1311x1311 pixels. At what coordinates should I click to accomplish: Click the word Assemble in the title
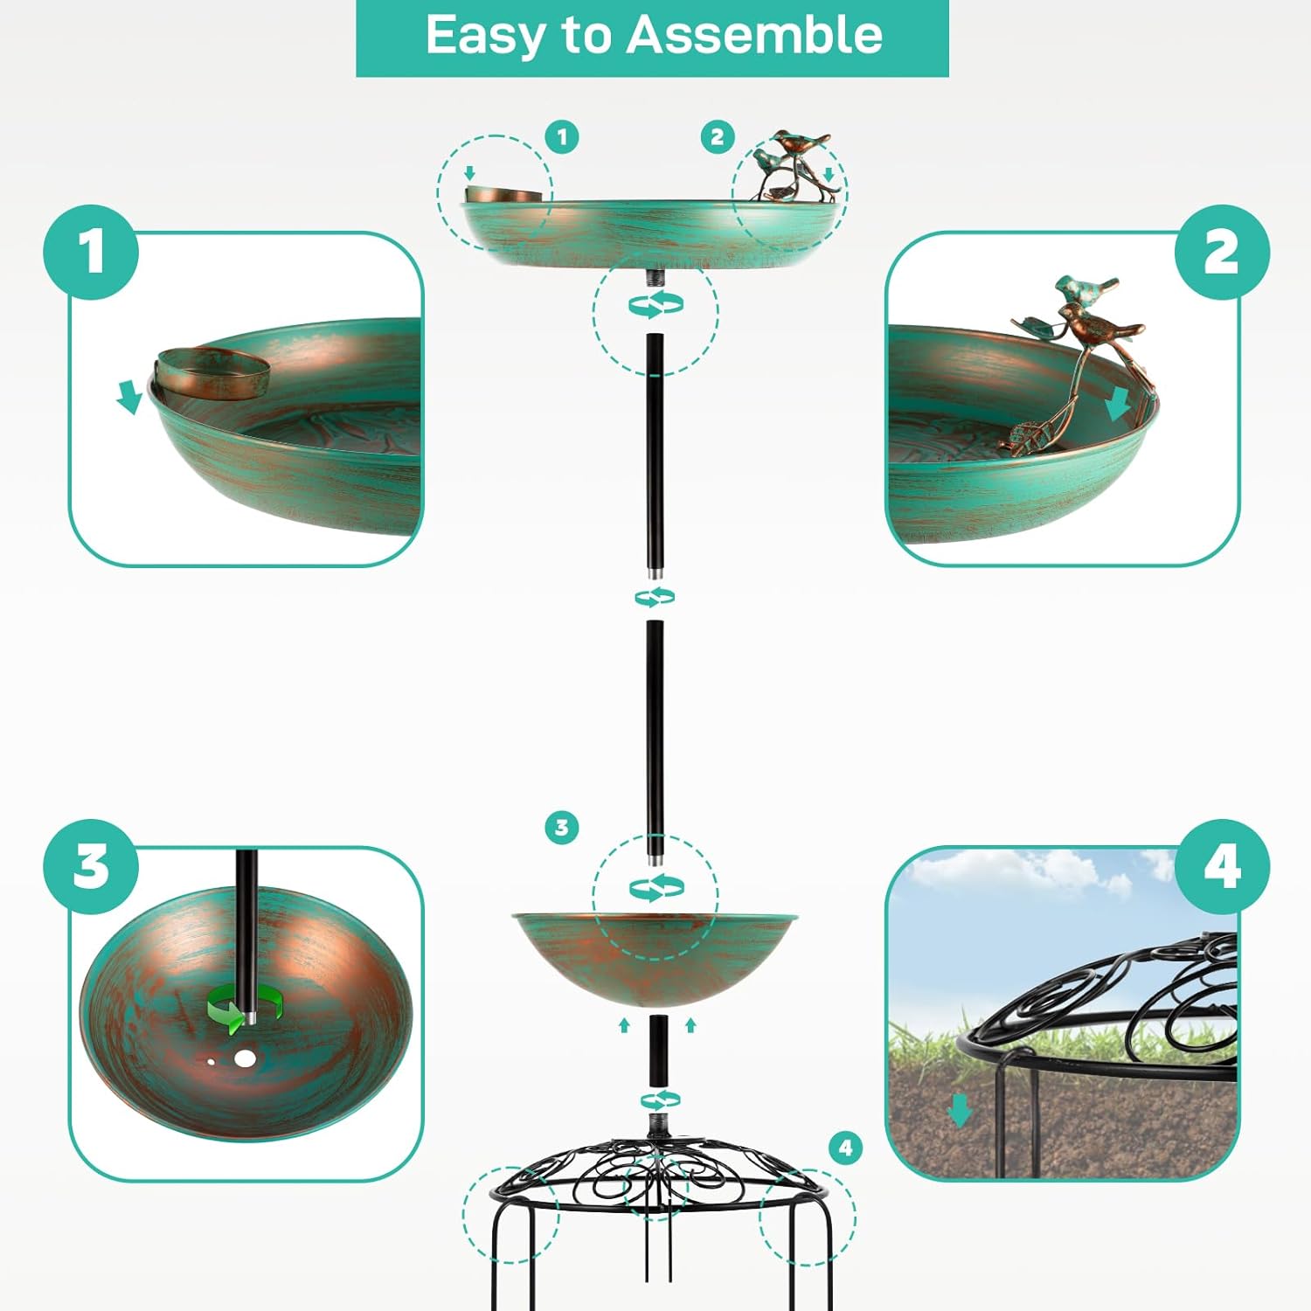(755, 37)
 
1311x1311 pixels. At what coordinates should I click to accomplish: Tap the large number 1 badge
(91, 253)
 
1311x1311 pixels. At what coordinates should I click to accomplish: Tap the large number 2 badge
(1221, 253)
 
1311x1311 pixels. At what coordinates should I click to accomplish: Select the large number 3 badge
(91, 867)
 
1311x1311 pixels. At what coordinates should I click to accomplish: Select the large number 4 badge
(1221, 867)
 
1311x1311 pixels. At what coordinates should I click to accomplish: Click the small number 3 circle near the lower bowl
(562, 827)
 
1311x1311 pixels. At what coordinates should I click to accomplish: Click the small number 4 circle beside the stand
(845, 1148)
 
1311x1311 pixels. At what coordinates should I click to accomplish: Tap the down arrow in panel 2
(1118, 405)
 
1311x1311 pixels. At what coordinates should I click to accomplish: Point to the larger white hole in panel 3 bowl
(246, 1059)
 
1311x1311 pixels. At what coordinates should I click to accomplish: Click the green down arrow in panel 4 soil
(960, 1111)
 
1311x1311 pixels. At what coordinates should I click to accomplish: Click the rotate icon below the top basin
(655, 305)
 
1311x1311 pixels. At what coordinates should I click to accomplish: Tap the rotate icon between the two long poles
(655, 598)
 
